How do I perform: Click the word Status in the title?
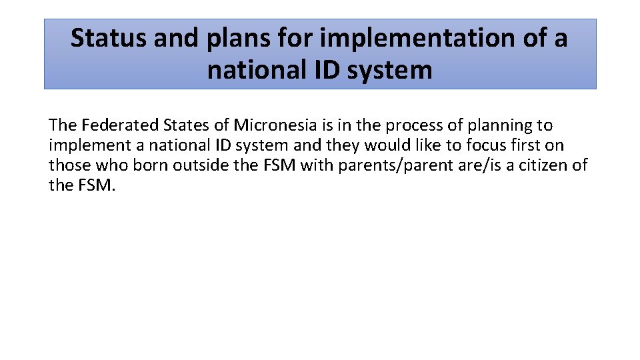coord(108,38)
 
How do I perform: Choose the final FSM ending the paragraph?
coord(98,185)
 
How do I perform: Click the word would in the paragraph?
coord(385,145)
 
